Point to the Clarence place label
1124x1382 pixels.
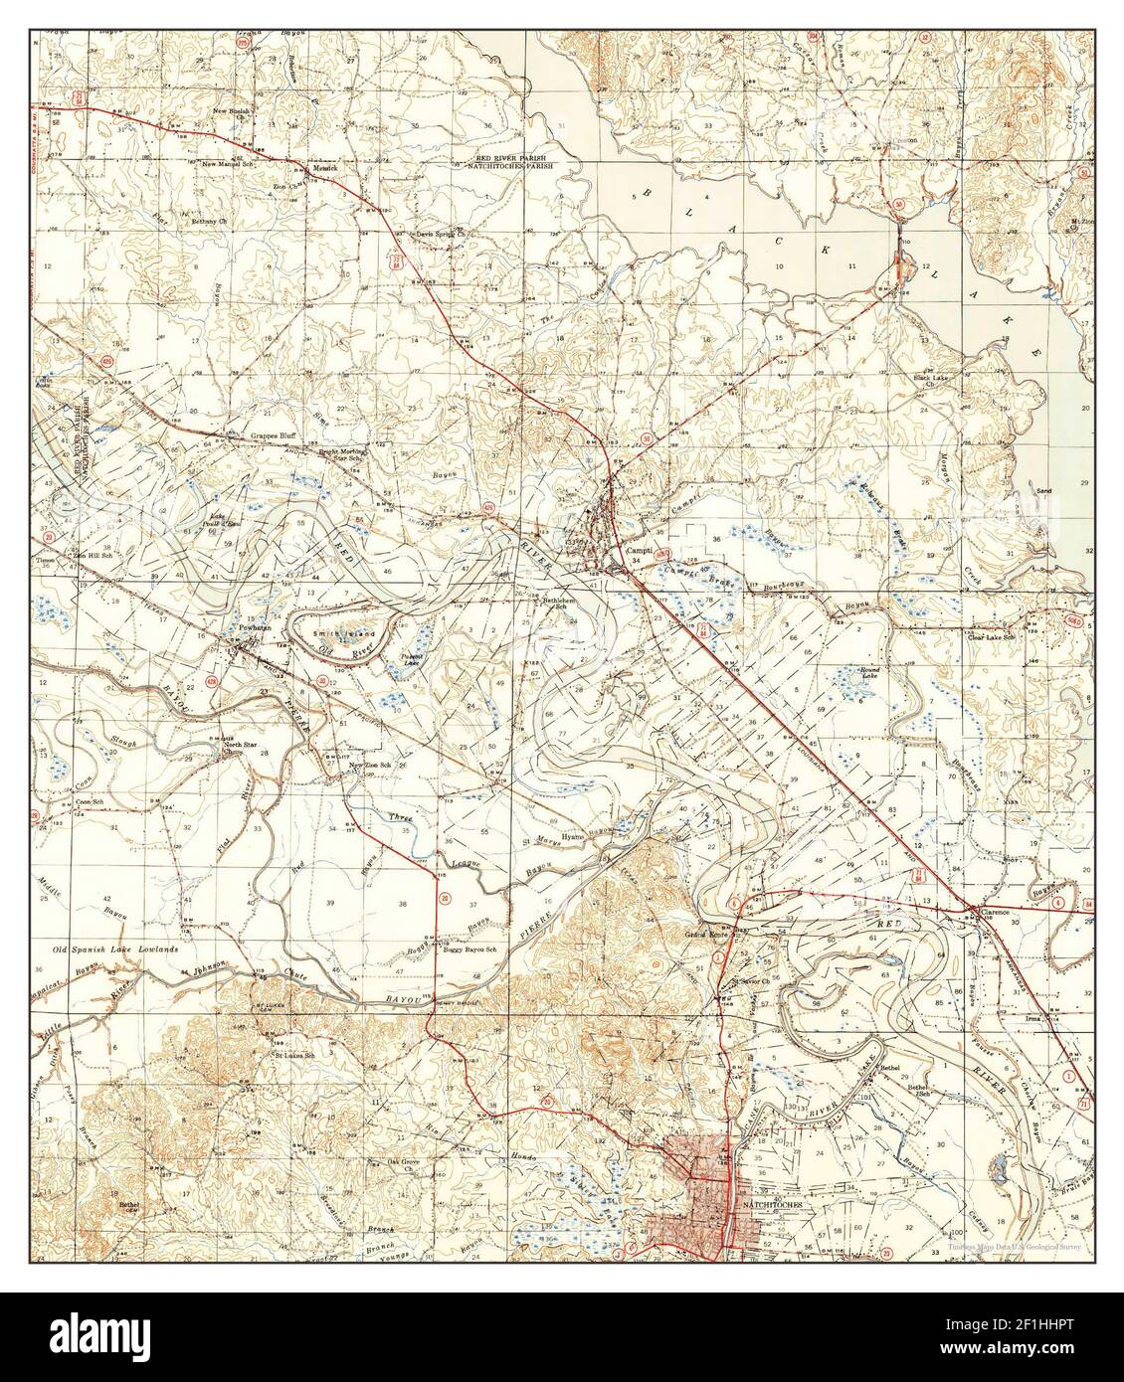pyautogui.click(x=995, y=911)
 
